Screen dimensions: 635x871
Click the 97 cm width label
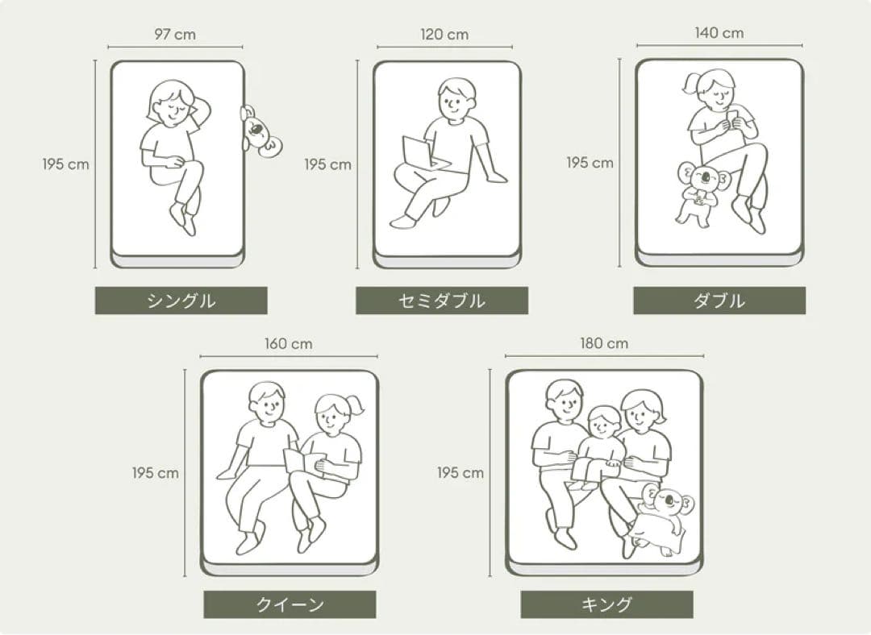point(175,35)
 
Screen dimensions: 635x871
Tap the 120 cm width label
point(444,35)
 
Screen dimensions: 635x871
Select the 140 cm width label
point(719,33)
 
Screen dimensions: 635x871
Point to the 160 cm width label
point(288,344)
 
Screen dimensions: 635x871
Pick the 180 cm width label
point(604,343)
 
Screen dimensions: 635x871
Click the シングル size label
point(181,301)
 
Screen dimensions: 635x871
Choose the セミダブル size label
point(442,301)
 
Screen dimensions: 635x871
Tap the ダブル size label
point(719,301)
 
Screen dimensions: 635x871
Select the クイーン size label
point(290,604)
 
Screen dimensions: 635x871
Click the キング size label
point(606,604)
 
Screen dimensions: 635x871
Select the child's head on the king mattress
point(604,422)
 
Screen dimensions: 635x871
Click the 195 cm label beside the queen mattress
point(156,473)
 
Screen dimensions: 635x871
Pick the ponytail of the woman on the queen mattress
point(355,405)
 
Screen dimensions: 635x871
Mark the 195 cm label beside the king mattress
point(461,473)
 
